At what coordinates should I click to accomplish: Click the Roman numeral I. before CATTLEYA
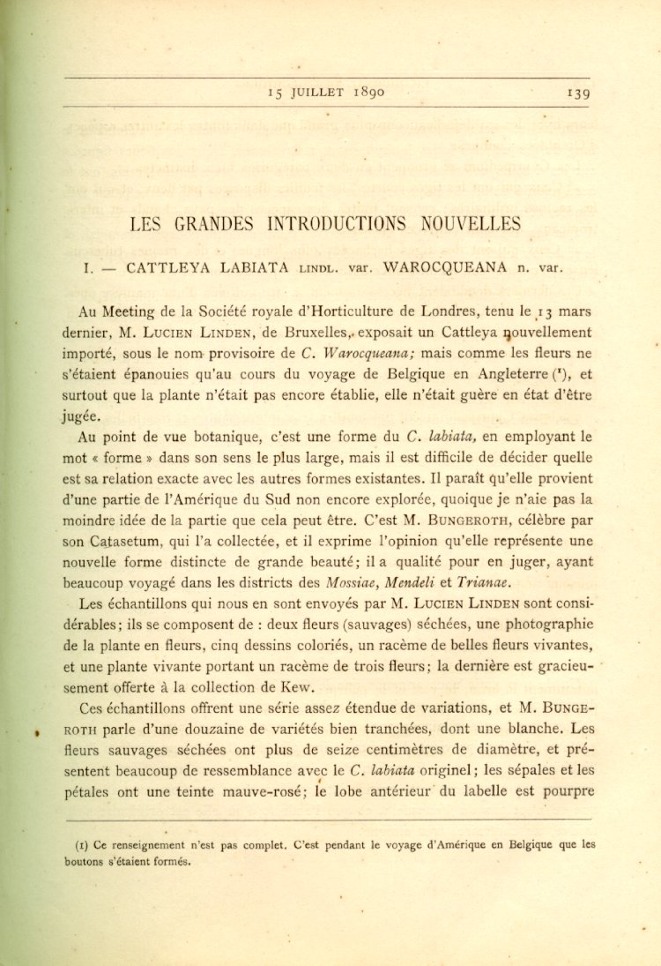pyautogui.click(x=87, y=267)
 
